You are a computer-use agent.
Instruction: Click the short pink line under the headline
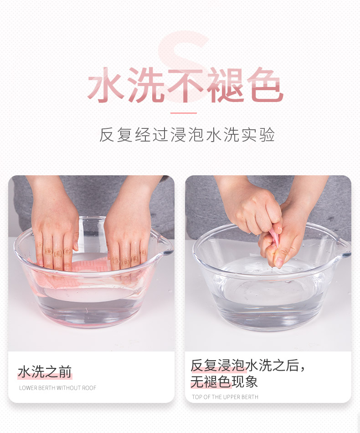click(184, 113)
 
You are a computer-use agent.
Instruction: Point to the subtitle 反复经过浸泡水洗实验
click(187, 135)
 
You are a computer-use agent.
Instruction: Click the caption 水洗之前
click(45, 372)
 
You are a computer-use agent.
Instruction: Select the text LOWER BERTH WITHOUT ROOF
click(57, 388)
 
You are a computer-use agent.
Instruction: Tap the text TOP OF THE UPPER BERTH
click(225, 397)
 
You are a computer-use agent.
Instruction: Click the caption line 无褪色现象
click(224, 382)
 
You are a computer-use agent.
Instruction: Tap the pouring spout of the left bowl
click(165, 247)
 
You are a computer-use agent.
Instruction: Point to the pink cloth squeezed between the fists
click(274, 236)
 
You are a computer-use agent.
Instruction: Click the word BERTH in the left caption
click(47, 388)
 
